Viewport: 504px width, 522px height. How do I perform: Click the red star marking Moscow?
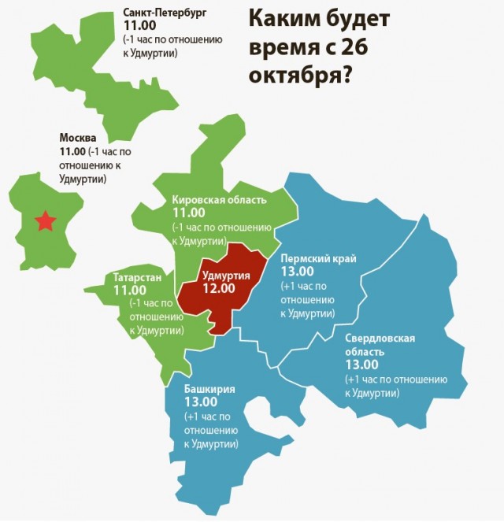(x=46, y=221)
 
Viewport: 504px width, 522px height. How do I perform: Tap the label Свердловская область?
(x=380, y=345)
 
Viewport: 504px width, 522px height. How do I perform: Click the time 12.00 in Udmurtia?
(x=218, y=289)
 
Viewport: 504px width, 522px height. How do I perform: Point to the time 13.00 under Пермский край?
(x=298, y=271)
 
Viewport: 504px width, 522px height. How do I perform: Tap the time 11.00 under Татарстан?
(x=130, y=291)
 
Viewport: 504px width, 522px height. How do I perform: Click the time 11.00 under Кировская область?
(x=188, y=213)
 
